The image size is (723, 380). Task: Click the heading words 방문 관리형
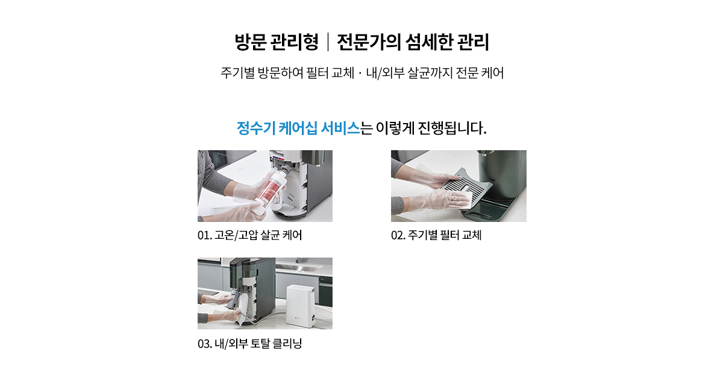pyautogui.click(x=277, y=42)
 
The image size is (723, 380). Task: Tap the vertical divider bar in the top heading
pyautogui.click(x=328, y=42)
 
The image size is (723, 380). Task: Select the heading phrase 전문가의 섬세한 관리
pyautogui.click(x=413, y=42)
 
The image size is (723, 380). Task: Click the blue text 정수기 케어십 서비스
pyautogui.click(x=298, y=128)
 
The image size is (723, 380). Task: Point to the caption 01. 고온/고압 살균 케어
pyautogui.click(x=249, y=235)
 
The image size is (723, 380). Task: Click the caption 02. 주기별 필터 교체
pyautogui.click(x=436, y=235)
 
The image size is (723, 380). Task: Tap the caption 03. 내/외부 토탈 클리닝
pyautogui.click(x=249, y=343)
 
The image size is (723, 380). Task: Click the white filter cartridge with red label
pyautogui.click(x=269, y=192)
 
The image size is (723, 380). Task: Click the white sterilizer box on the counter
pyautogui.click(x=300, y=306)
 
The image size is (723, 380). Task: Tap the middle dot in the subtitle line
pyautogui.click(x=360, y=74)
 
